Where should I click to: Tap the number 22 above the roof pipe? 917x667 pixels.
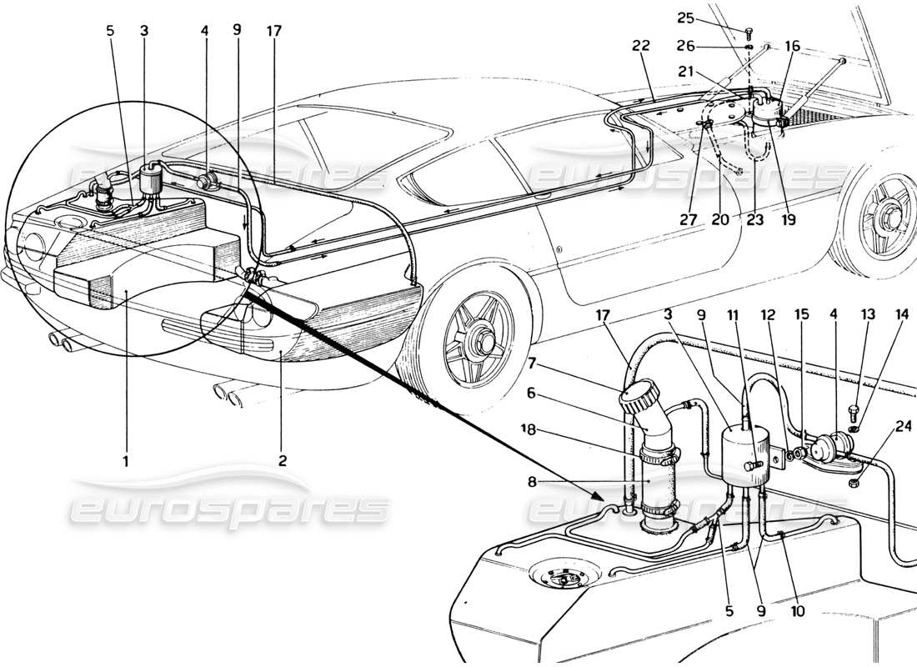pos(641,48)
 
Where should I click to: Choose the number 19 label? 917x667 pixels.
pos(788,221)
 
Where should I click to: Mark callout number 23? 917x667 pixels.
pos(754,221)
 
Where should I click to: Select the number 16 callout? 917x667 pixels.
pos(792,46)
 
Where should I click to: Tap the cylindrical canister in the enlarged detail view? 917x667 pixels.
pos(742,454)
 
